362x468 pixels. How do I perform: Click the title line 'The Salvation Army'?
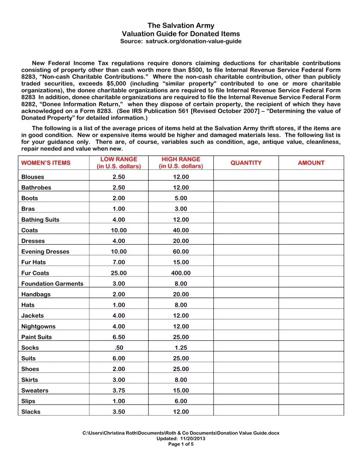[181, 26]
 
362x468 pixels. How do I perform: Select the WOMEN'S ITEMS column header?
[46, 163]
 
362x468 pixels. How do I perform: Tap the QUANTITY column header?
[246, 163]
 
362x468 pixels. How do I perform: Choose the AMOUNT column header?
[311, 163]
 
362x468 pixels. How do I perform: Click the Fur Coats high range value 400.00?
[181, 273]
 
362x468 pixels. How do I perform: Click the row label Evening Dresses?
[45, 251]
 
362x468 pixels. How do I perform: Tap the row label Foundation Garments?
[52, 284]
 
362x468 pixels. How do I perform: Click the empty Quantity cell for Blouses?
[246, 177]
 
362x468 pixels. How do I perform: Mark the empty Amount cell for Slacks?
[311, 412]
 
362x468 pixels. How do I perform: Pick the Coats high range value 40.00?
[181, 230]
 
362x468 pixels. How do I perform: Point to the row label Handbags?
[36, 294]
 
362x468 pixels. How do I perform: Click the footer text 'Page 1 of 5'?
[181, 444]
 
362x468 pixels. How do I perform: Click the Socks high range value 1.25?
[181, 348]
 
